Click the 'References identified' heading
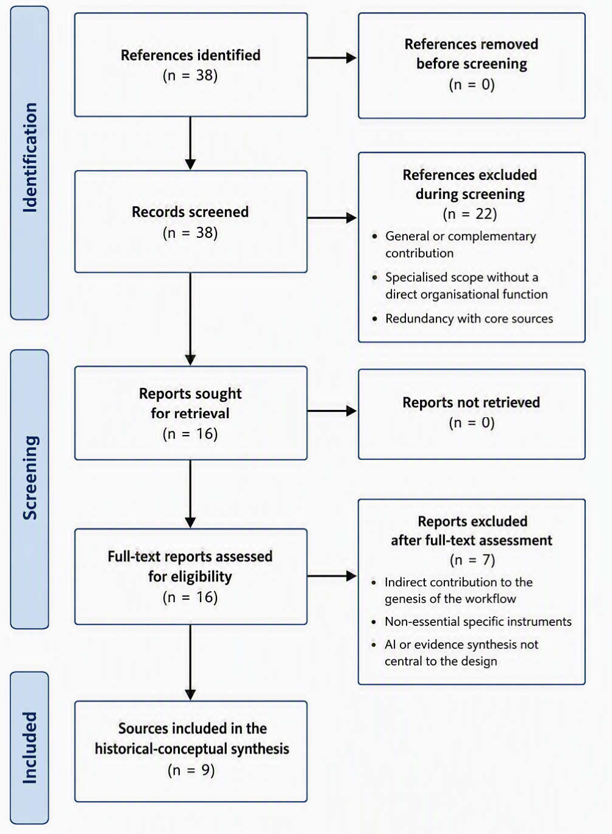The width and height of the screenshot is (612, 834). (190, 55)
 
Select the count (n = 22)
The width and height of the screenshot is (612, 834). (470, 214)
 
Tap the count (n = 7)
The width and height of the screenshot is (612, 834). (472, 559)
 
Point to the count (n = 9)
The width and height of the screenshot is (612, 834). (191, 769)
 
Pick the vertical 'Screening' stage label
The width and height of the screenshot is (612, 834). (29, 477)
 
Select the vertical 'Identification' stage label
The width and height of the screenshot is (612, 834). (29, 157)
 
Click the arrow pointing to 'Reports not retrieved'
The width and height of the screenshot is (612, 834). (332, 411)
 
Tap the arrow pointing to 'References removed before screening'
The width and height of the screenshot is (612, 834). (332, 58)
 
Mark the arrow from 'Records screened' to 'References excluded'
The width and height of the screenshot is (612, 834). (332, 218)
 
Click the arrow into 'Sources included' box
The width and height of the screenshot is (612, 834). (190, 663)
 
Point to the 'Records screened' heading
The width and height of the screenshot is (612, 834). (190, 212)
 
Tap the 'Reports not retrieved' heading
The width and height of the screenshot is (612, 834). (471, 403)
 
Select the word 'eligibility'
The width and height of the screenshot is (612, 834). (190, 577)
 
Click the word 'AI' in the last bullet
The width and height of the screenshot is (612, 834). (390, 644)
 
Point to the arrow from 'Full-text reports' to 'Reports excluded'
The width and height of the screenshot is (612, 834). (332, 576)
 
